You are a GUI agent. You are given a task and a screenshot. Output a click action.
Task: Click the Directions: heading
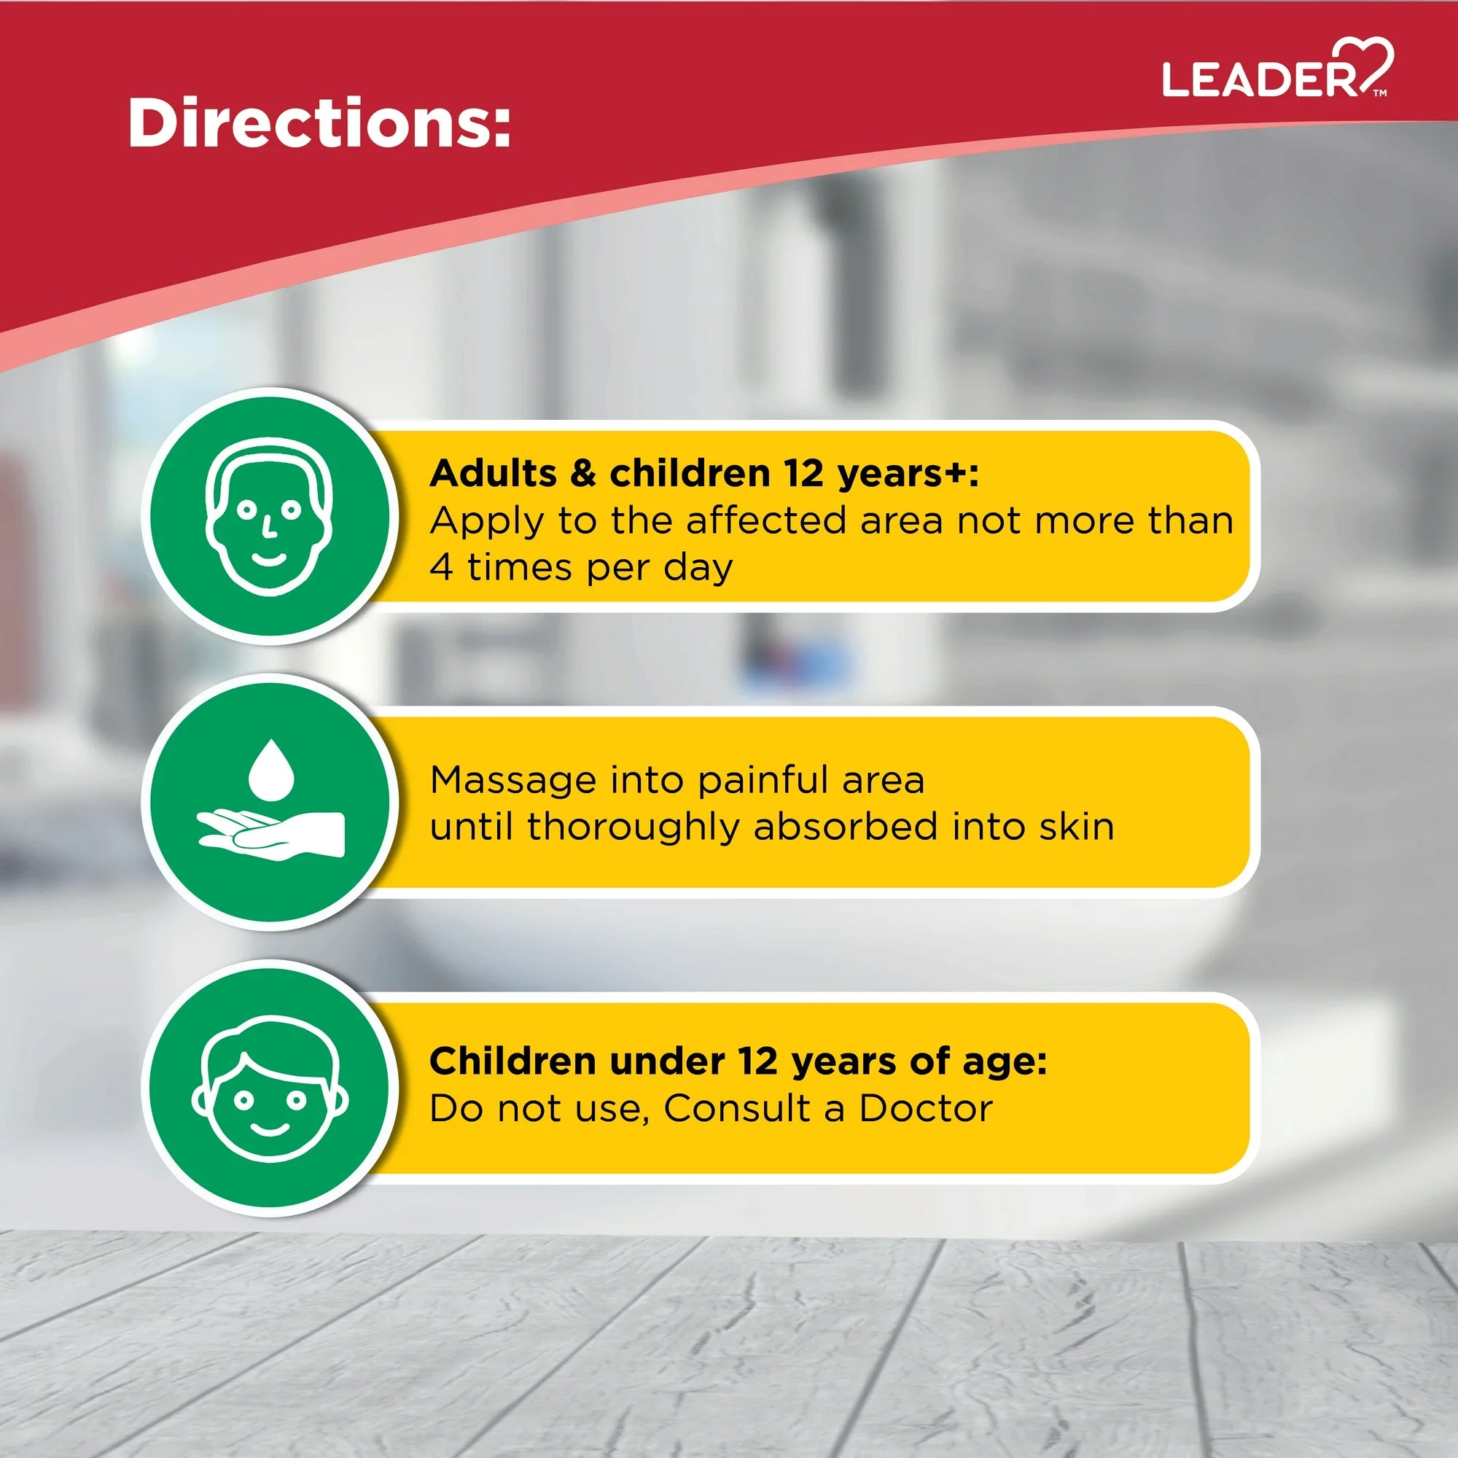pyautogui.click(x=319, y=122)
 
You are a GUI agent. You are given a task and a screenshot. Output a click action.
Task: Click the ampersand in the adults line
pyautogui.click(x=583, y=474)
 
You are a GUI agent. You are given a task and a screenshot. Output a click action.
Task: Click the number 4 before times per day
pyautogui.click(x=442, y=566)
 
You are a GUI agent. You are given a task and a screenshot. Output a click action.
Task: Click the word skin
pyautogui.click(x=1077, y=826)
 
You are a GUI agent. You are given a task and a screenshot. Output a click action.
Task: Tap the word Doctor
pyautogui.click(x=926, y=1109)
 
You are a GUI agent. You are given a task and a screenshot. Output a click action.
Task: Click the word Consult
pyautogui.click(x=736, y=1109)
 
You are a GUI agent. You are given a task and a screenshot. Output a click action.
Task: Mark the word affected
pyautogui.click(x=766, y=521)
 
